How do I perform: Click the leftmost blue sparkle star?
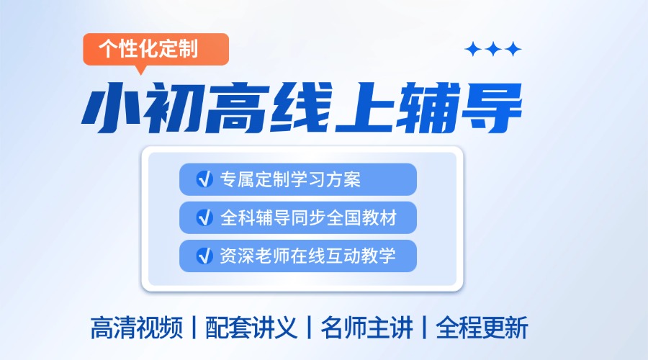473,49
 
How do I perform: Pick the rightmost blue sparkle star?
513,49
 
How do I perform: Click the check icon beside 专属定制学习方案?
204,179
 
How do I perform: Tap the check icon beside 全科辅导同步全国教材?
204,217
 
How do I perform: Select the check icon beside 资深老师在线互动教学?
204,255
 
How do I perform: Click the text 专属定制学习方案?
290,179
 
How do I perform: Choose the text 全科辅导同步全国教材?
308,217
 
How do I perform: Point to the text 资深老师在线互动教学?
308,255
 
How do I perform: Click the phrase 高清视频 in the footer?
136,328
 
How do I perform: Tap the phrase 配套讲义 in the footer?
251,328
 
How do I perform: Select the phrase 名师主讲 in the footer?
366,328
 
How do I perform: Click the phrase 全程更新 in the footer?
482,328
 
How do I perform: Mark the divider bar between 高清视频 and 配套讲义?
194,328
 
